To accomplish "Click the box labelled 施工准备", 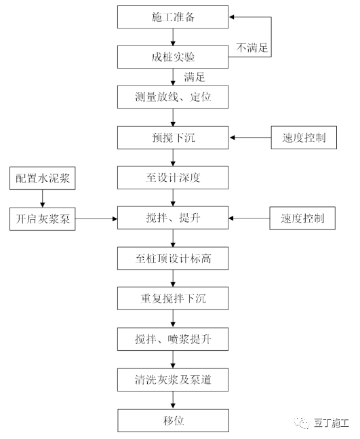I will coord(174,16).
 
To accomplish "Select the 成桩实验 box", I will coord(174,56).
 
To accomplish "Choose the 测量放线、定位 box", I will coord(174,97).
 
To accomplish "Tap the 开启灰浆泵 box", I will coord(43,218).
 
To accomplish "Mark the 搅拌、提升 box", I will coord(174,218).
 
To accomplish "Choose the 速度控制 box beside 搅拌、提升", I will coord(303,218).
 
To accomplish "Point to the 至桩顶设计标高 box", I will coord(174,259).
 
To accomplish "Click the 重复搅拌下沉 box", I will coord(174,299).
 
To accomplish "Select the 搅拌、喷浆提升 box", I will coord(174,339).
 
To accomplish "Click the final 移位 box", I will coord(174,419).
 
